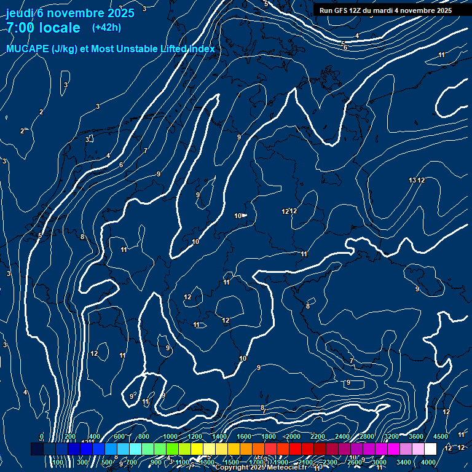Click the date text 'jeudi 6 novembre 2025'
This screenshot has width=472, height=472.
coord(70,13)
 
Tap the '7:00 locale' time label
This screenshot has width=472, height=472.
coord(43,28)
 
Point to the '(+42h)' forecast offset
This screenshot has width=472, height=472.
coord(106,27)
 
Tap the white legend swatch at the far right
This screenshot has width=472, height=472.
coord(430,449)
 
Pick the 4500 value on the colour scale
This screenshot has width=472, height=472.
coord(441,436)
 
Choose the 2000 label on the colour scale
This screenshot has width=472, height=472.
coord(293,436)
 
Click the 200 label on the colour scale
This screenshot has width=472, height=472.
coord(70,436)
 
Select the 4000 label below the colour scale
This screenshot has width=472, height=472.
coord(429,462)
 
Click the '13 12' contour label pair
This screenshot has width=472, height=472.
coord(417,180)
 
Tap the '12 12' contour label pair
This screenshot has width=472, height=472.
coord(289,211)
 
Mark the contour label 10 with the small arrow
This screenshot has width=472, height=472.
coord(239,216)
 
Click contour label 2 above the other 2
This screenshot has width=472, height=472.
coord(41,112)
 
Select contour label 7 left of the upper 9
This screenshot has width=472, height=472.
coord(146,151)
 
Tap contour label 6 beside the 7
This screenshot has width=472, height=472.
coord(121,165)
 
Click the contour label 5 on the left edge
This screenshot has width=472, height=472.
coord(39,235)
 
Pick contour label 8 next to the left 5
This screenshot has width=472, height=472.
coord(82,237)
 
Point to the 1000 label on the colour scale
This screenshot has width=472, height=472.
coord(170,436)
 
